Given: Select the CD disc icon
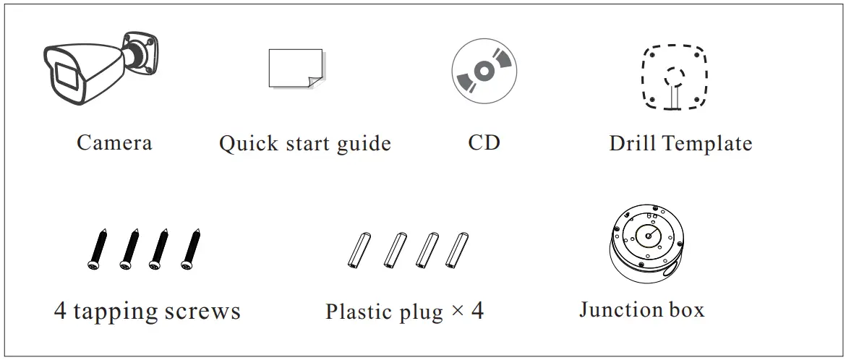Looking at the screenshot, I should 484,71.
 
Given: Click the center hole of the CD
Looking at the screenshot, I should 484,71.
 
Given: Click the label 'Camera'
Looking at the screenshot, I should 114,142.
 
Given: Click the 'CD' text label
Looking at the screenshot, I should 484,142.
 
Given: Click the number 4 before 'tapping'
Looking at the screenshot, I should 61,312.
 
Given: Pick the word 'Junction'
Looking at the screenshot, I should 612,311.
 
